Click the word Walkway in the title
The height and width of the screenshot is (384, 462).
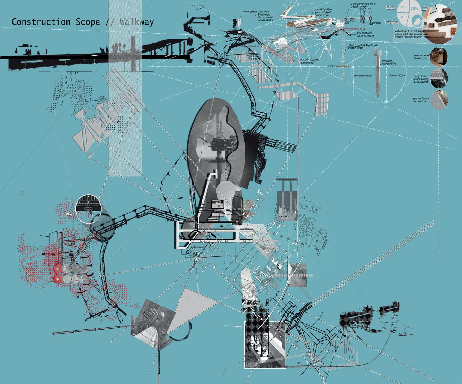coord(137,22)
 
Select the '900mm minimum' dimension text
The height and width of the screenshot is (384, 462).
coord(363,76)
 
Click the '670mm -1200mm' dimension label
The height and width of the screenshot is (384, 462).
coord(398,76)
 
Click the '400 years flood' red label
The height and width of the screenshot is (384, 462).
coord(357,29)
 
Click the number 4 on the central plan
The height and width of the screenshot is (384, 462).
coord(220,226)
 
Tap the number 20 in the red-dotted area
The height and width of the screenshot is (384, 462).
coord(72,243)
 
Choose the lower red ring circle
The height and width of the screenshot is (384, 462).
coord(58,279)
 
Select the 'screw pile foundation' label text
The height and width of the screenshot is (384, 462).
coord(388,63)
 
